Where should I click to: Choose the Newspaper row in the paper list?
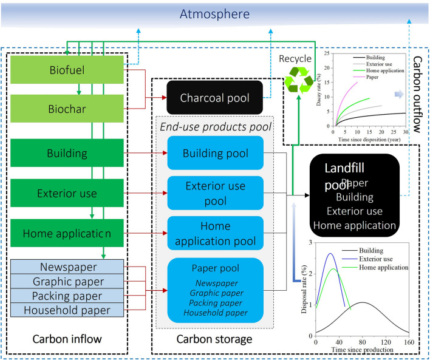click(67, 267)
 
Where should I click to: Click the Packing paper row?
click(67, 296)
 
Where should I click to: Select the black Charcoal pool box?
click(216, 97)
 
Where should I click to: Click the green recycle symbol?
click(299, 80)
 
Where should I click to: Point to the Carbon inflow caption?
click(66, 338)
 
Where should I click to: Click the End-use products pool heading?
click(216, 127)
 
